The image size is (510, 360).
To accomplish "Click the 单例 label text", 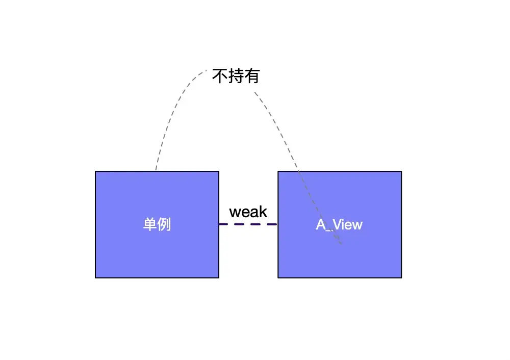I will [x=157, y=224].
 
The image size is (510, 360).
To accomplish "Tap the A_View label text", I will [x=339, y=224].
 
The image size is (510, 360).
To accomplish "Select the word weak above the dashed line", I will [x=248, y=212].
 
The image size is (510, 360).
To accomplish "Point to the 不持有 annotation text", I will [x=236, y=76].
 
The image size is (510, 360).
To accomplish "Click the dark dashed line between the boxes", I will [x=248, y=224].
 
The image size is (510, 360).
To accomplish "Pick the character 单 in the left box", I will [x=150, y=224].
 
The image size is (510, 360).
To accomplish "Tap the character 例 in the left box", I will [x=164, y=224].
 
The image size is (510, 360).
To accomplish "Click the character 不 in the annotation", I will [x=220, y=76].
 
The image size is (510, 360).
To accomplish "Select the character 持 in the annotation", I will [x=236, y=76].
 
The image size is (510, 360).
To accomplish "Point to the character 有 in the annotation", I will [x=252, y=76].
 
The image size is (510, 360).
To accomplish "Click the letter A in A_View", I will [x=321, y=224].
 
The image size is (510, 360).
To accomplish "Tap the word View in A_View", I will [x=348, y=224].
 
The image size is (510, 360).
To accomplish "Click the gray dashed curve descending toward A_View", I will [x=280, y=127].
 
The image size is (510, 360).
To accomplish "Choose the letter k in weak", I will [x=263, y=212].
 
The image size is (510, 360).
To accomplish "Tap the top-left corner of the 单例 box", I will [x=96, y=171].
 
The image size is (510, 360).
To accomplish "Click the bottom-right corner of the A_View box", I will [x=401, y=277].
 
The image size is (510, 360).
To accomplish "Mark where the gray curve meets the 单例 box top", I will [x=156, y=171].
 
